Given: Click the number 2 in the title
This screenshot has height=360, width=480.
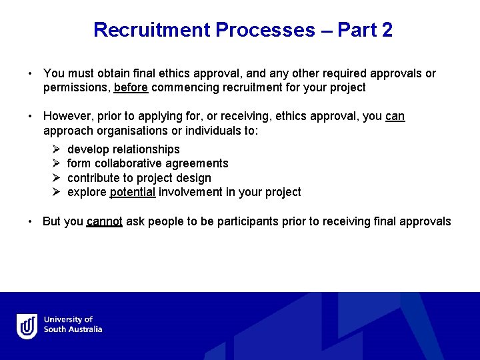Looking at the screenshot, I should click(387, 30).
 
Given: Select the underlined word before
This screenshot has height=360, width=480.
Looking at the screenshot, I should click(131, 87).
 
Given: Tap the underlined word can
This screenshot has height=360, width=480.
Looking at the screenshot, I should click(395, 116).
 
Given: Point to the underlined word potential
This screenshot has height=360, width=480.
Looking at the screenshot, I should click(133, 192).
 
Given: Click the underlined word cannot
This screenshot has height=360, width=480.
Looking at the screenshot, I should click(104, 221).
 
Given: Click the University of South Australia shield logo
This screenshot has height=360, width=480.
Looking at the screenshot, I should click(27, 326).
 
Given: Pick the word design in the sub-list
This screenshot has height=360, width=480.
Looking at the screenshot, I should click(195, 178).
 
